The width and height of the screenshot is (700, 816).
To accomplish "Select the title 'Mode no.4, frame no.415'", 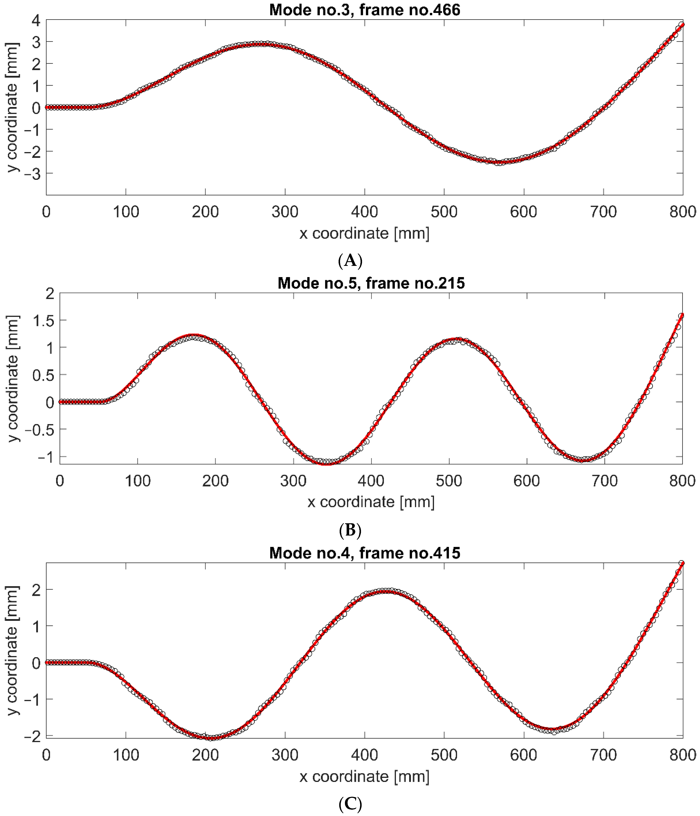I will point(364,553).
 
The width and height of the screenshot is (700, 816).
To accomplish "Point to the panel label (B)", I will point(350,530).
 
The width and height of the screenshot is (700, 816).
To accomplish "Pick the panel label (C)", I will point(350,803).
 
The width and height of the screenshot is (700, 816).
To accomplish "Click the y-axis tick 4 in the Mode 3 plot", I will point(36,20).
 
